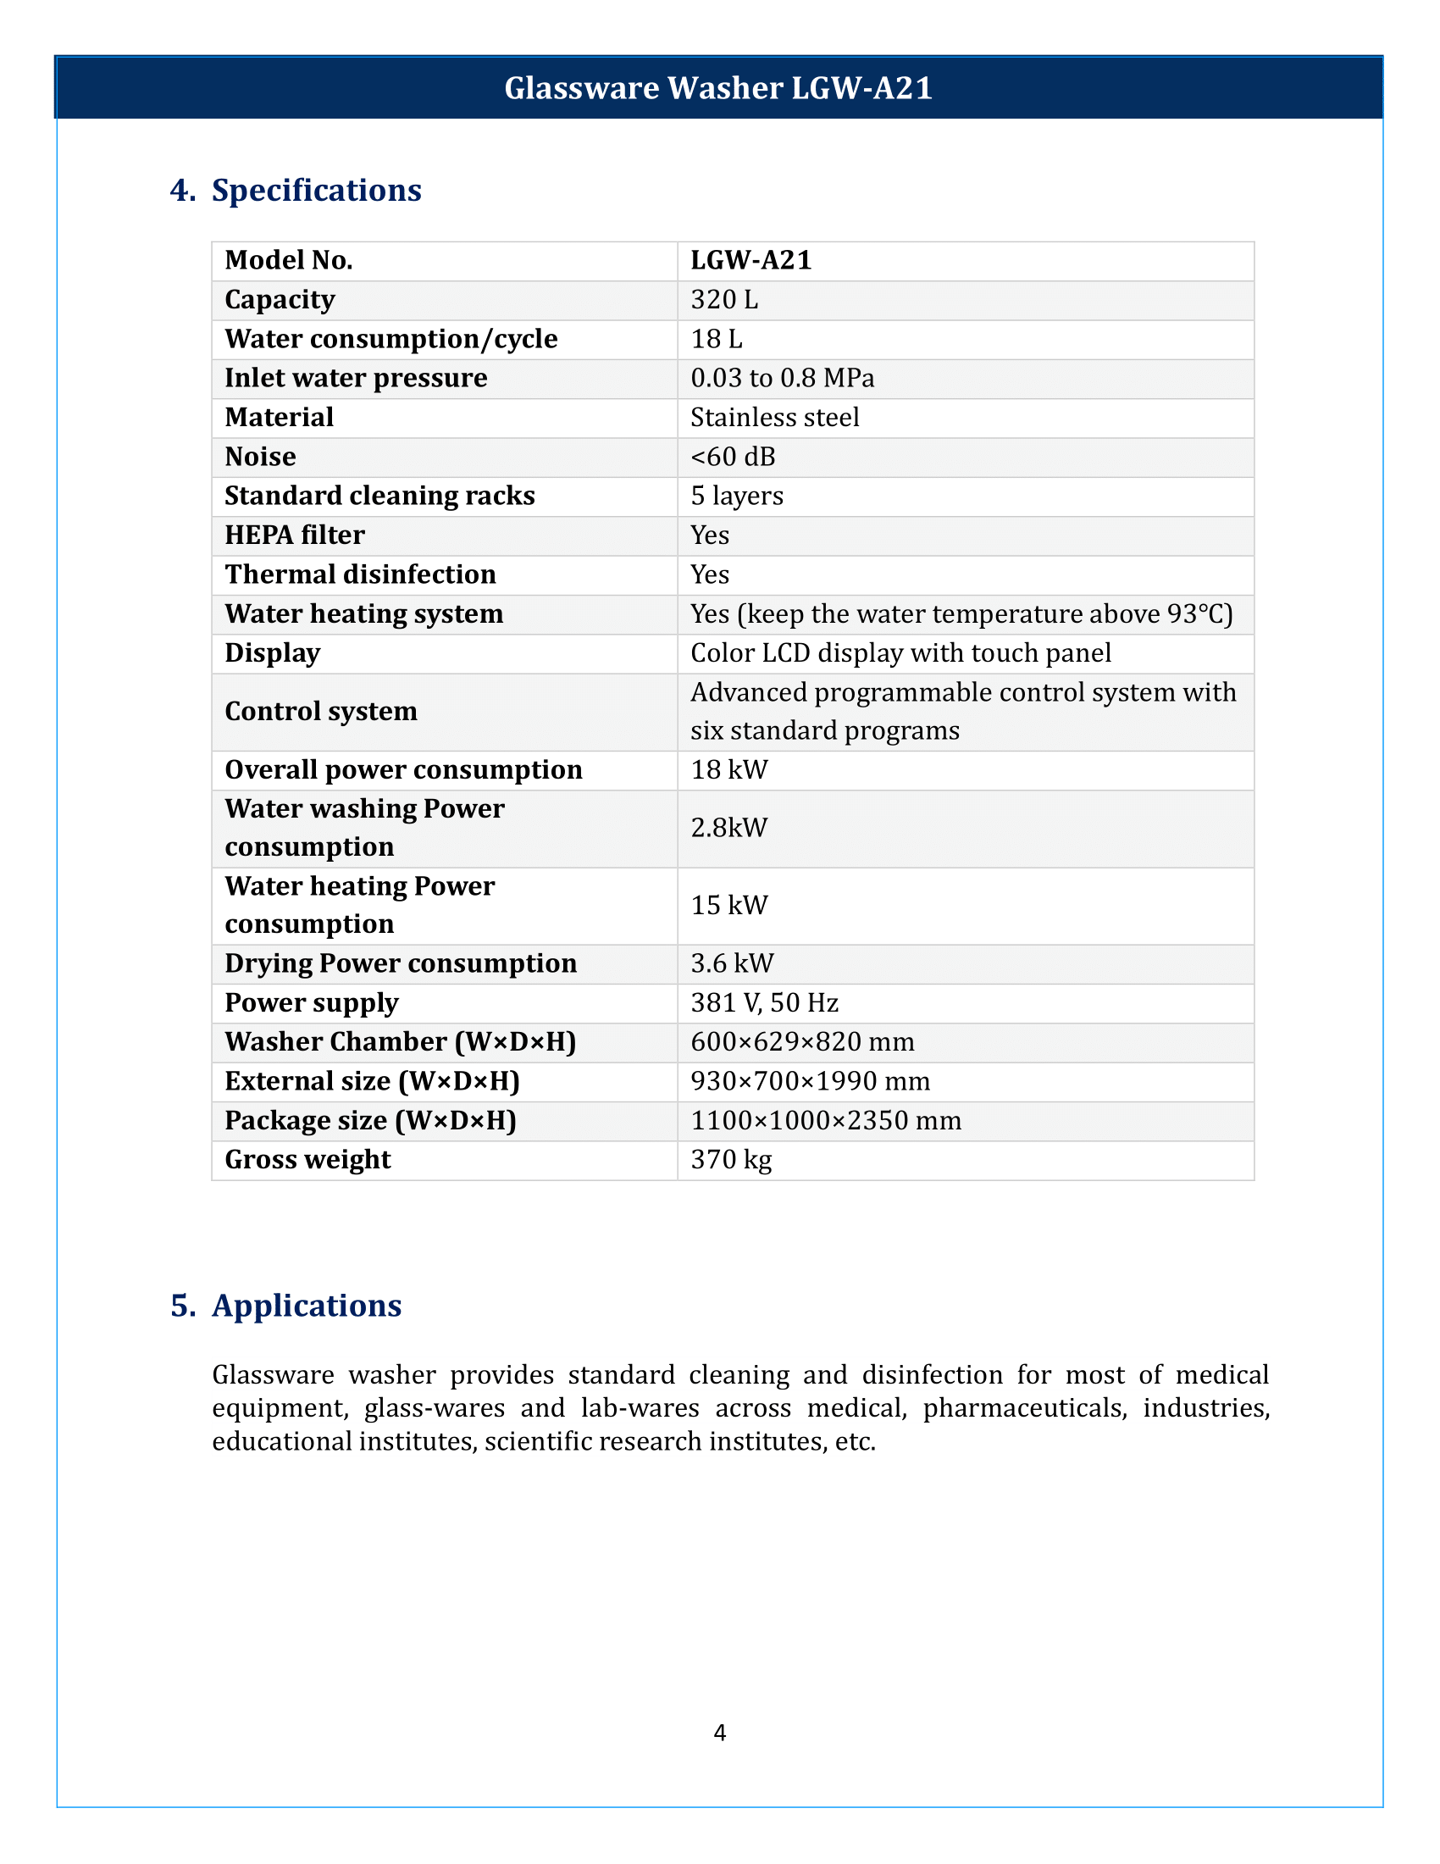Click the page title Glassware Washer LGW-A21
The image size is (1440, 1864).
[x=718, y=88]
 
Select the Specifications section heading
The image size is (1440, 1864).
[x=316, y=190]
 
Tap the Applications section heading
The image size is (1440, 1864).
[x=307, y=1305]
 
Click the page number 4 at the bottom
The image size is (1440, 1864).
[x=719, y=1732]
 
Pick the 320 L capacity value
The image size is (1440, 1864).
[x=723, y=300]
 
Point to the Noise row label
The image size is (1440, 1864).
[x=260, y=457]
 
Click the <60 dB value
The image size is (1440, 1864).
[x=732, y=457]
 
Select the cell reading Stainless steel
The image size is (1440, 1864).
[x=773, y=418]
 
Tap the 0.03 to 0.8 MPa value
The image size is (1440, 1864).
[x=782, y=377]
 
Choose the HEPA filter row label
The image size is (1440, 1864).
[x=294, y=535]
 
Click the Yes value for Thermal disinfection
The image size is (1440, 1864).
[x=709, y=574]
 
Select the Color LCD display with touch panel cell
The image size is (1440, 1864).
[x=900, y=653]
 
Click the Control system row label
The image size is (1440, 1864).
[x=321, y=711]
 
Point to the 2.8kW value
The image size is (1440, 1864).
[x=728, y=827]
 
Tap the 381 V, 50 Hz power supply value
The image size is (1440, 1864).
[x=764, y=1002]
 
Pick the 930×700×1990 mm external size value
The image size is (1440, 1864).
[x=810, y=1080]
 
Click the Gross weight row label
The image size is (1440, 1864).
[x=307, y=1159]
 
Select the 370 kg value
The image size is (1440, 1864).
[x=731, y=1159]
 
